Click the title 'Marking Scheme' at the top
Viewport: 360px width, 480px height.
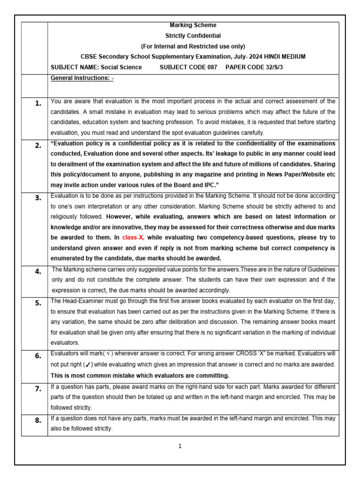point(193,25)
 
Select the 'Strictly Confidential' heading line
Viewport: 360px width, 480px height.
point(193,36)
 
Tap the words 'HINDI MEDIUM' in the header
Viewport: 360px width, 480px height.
point(287,57)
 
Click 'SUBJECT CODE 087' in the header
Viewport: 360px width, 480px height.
point(188,67)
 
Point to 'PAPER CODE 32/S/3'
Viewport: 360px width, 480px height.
point(255,67)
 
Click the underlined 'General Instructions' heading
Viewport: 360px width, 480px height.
point(82,78)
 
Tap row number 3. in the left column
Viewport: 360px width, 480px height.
point(38,198)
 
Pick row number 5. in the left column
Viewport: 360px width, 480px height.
point(38,303)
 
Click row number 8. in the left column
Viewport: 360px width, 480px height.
point(38,420)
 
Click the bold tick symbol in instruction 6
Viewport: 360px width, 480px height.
point(88,365)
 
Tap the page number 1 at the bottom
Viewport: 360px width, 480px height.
point(180,446)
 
